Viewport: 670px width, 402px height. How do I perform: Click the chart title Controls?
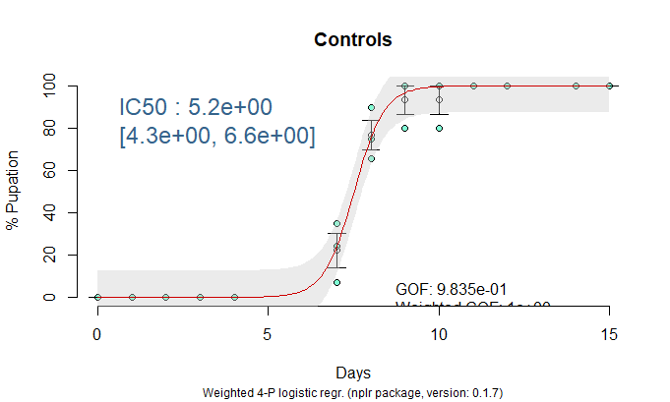[353, 40]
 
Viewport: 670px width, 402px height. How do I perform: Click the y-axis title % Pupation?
[13, 190]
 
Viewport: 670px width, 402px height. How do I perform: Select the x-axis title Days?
[353, 373]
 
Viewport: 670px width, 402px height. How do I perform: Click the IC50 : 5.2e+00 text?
[196, 106]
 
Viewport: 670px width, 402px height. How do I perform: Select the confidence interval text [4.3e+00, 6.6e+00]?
[216, 137]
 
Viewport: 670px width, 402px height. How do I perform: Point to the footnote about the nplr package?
[353, 392]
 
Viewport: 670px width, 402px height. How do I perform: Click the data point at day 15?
[609, 86]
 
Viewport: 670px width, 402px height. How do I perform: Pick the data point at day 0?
[97, 297]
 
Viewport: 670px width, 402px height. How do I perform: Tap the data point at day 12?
[507, 86]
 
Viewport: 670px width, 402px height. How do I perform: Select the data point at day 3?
[200, 297]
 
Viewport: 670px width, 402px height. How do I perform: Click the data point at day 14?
[576, 86]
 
